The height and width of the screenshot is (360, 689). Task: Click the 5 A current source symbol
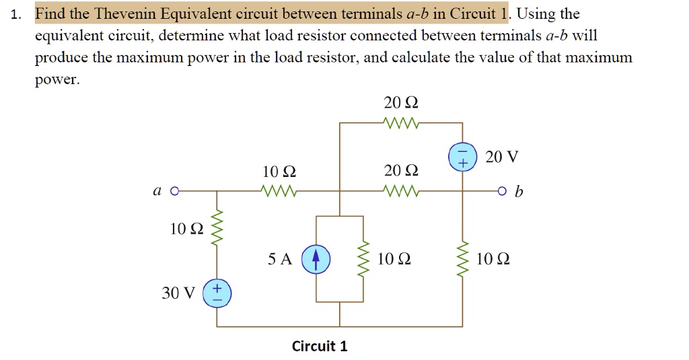tap(316, 259)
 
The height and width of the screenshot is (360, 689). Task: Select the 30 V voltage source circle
tap(217, 293)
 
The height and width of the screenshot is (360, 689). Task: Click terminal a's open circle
tap(174, 191)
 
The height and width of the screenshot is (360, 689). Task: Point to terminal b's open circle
tap(502, 191)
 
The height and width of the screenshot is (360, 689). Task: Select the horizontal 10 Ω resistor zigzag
tap(279, 191)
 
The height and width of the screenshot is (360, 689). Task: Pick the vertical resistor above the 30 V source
tap(217, 231)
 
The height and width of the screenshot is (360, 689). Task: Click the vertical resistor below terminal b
tap(462, 259)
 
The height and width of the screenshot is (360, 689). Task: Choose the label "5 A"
tap(280, 259)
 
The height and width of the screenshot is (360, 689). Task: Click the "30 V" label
tap(178, 293)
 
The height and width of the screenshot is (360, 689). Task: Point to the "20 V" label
tap(502, 157)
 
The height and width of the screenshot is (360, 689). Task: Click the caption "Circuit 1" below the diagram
tap(320, 346)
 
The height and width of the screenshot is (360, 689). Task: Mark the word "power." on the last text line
tap(57, 79)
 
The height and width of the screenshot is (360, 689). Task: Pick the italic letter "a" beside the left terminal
tap(156, 192)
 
